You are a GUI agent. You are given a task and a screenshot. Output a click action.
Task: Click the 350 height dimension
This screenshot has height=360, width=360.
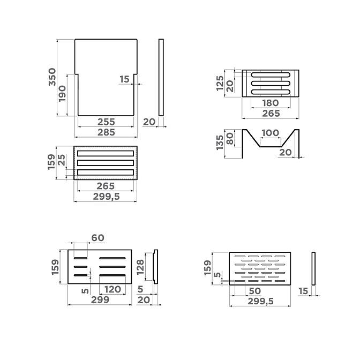(x=52, y=77)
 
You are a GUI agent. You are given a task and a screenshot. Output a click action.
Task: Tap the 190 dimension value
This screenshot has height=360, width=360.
(x=62, y=94)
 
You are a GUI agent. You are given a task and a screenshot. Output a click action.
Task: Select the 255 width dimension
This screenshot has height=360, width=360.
(x=106, y=122)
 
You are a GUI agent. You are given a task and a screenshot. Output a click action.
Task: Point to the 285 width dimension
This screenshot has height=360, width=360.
(x=106, y=132)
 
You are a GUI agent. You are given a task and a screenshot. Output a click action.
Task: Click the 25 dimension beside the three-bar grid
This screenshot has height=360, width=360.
(x=62, y=160)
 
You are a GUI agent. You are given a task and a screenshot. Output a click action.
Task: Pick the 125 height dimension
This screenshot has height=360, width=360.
(x=220, y=83)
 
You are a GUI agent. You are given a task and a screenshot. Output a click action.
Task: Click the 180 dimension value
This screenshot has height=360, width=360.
(x=271, y=103)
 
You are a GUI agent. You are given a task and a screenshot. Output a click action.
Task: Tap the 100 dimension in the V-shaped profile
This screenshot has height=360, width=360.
(x=270, y=133)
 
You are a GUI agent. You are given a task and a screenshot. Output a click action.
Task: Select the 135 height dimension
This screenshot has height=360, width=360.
(x=220, y=142)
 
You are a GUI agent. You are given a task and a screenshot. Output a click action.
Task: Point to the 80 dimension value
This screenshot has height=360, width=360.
(x=230, y=139)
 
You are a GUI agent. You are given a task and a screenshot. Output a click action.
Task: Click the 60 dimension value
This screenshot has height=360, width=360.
(x=98, y=238)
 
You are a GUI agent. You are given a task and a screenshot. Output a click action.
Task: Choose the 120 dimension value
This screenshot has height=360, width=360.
(x=112, y=289)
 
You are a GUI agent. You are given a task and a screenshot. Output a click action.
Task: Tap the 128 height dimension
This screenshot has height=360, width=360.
(x=140, y=267)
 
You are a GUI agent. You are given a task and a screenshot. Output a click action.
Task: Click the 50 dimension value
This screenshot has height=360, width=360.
(x=255, y=291)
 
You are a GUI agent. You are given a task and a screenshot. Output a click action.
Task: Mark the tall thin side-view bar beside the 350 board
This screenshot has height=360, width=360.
(x=161, y=77)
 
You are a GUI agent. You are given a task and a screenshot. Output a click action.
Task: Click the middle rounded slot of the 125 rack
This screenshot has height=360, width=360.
(x=271, y=84)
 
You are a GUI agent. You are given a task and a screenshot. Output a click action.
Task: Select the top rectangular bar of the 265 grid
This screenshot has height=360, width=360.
(x=106, y=153)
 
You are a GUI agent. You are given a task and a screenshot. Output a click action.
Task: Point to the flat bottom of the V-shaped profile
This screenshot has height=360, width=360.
(x=271, y=146)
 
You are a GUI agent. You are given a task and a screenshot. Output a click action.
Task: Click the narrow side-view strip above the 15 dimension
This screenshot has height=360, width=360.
(x=313, y=268)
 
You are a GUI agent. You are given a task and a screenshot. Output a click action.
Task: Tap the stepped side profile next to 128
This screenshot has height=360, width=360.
(x=156, y=267)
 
